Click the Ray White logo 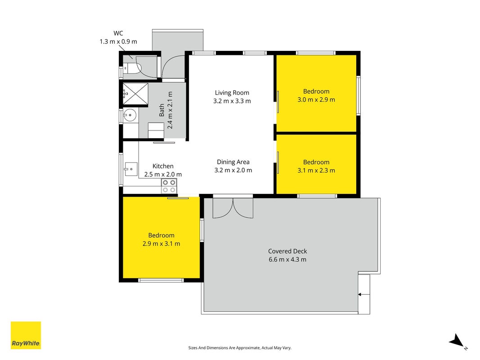coord(26,335)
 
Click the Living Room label coord(232,93)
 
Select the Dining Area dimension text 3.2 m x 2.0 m coord(233,170)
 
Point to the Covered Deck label coord(287,252)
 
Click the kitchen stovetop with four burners coord(169,186)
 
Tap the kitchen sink coord(131,169)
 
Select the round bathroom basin coord(130,115)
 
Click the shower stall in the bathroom coord(135,94)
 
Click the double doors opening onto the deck coord(233,208)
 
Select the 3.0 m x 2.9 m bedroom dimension coord(316,99)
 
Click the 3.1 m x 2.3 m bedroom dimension coord(316,171)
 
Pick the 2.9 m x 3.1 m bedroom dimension coord(161,243)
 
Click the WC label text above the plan coord(118,33)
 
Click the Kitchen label coord(163,166)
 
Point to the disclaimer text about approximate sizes coord(240,348)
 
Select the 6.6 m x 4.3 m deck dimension coord(287,260)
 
